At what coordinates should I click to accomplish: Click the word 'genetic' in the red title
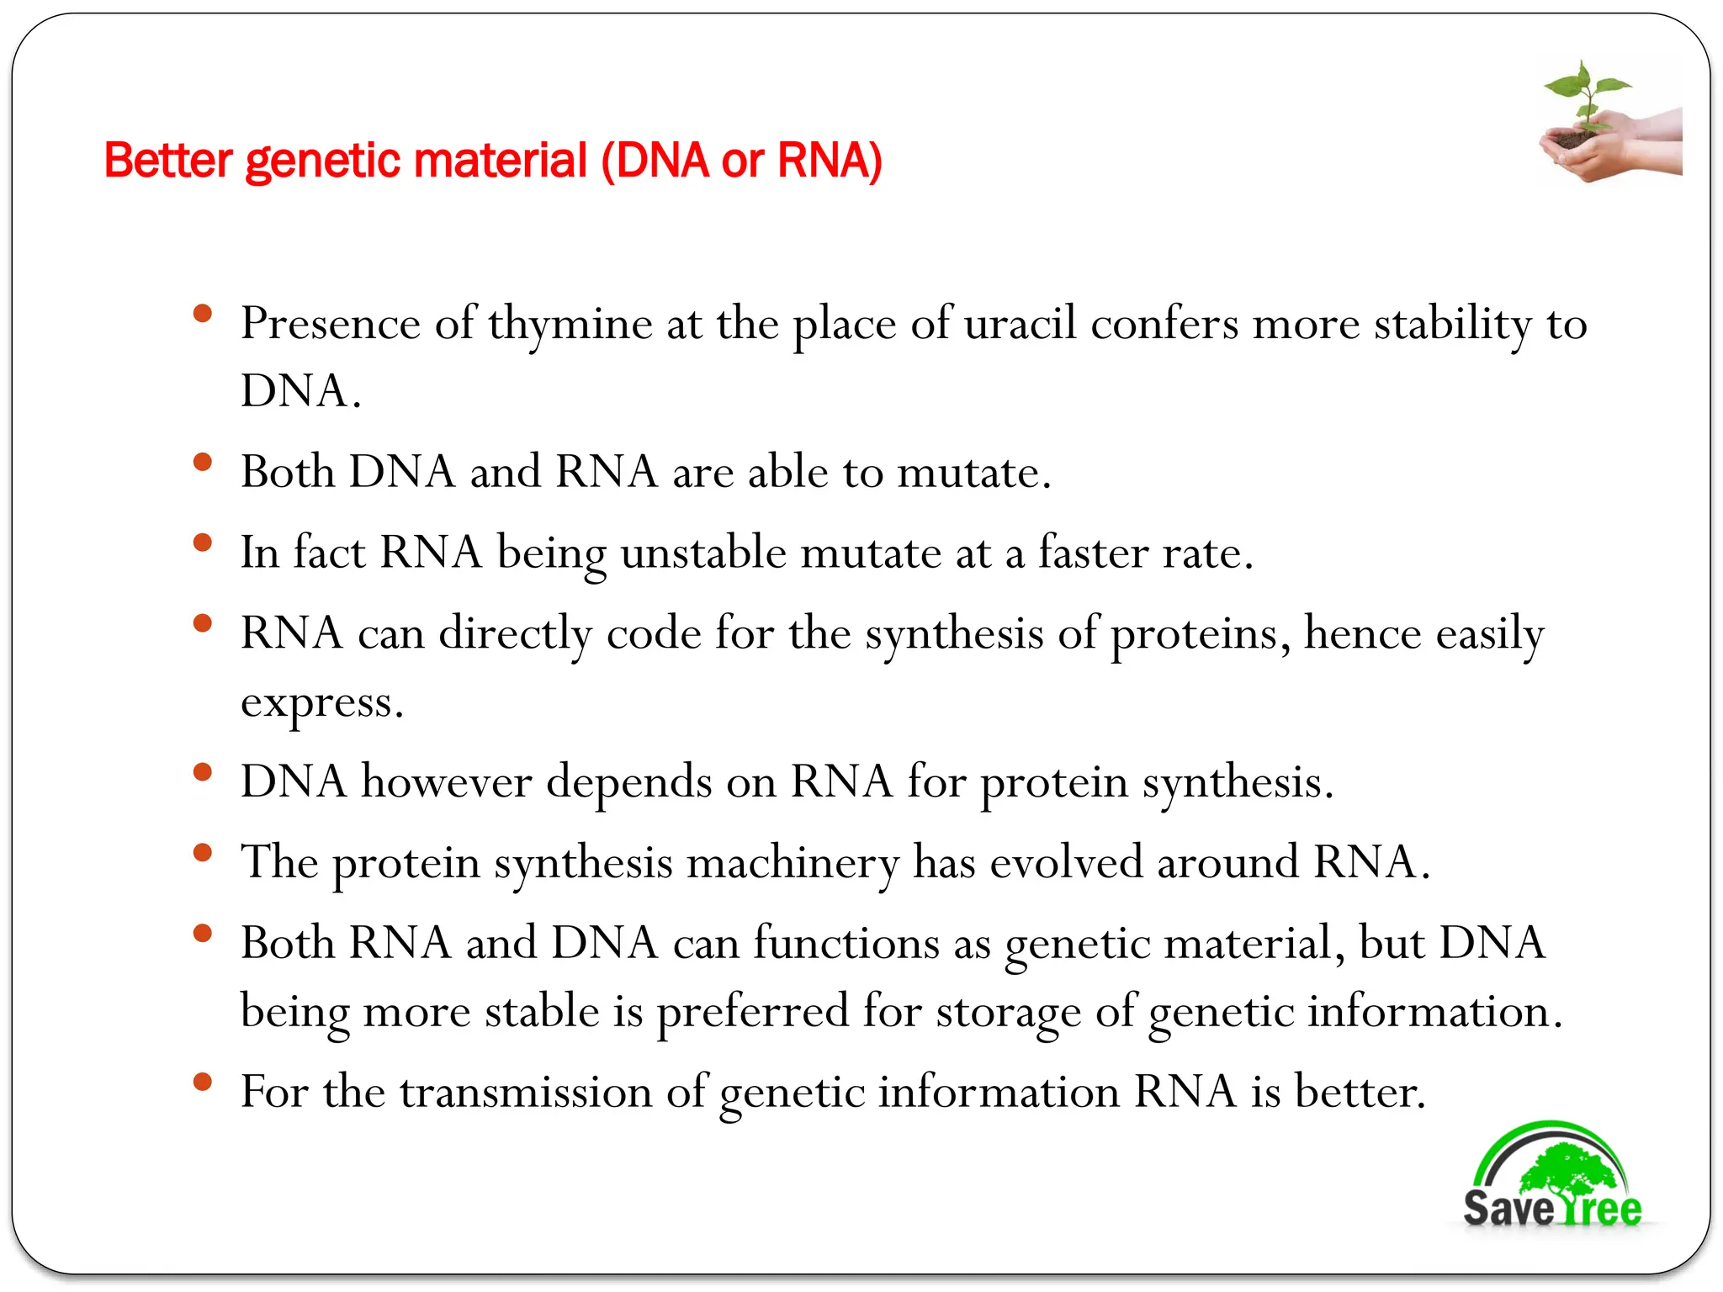[315, 161]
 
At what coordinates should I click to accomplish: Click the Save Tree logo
[1552, 1178]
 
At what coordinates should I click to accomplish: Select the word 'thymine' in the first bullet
[570, 325]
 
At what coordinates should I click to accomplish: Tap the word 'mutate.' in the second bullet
[974, 472]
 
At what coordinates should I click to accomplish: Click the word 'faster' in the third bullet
[1093, 553]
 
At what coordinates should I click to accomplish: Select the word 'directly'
[515, 633]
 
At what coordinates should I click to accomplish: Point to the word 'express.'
[322, 703]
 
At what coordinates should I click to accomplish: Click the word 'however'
[446, 781]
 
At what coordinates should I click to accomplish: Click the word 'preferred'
[752, 1012]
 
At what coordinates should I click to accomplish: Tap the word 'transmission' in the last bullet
[525, 1092]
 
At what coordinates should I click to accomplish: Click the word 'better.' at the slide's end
[1360, 1092]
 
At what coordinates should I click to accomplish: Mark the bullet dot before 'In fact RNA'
[202, 543]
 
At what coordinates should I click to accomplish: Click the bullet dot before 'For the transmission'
[202, 1082]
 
